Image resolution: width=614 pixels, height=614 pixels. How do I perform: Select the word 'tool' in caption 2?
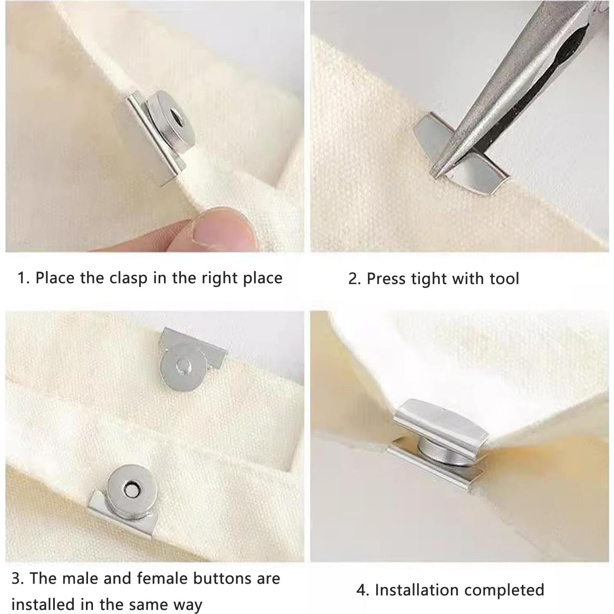tap(504, 279)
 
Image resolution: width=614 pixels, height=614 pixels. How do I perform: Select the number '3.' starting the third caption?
tap(18, 578)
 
